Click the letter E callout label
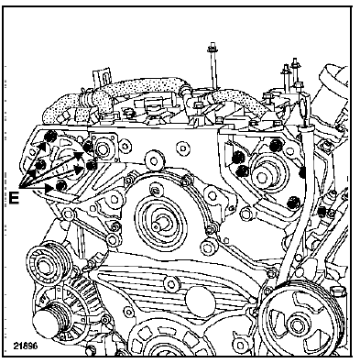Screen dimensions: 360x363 14,198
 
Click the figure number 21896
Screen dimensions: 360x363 26,346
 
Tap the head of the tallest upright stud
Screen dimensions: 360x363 211,48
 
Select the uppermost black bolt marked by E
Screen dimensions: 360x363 49,137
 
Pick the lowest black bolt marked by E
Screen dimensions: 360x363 61,185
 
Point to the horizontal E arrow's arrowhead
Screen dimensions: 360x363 49,188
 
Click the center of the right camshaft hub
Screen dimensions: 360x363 263,177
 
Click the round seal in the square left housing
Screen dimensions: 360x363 103,147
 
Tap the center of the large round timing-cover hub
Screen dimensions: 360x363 161,223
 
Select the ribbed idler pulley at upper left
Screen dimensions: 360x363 47,263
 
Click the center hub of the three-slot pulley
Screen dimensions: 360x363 296,324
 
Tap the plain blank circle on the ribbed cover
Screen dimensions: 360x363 201,298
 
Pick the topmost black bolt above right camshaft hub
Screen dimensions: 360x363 276,145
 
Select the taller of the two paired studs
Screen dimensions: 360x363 295,74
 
